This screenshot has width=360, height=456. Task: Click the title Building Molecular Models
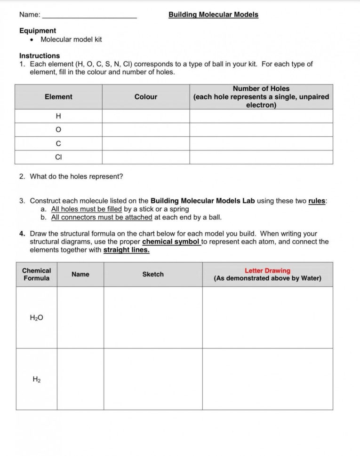click(213, 15)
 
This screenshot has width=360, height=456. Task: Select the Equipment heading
click(38, 31)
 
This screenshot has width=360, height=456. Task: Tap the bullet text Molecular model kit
click(71, 39)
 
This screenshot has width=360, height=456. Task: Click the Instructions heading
click(40, 55)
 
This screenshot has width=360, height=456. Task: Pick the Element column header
click(58, 97)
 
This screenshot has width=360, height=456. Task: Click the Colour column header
click(146, 97)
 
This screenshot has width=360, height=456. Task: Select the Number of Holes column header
click(261, 89)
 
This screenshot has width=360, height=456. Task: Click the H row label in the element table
click(58, 116)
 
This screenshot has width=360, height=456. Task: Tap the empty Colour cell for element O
click(146, 130)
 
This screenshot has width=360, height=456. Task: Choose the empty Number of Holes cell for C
click(261, 143)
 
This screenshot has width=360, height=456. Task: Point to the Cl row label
click(58, 157)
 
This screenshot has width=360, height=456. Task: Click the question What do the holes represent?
click(76, 177)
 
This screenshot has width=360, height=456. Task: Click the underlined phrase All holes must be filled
click(87, 209)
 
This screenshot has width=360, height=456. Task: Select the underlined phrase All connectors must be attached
click(102, 217)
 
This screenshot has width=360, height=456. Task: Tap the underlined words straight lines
click(126, 250)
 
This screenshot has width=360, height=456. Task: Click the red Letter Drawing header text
click(267, 271)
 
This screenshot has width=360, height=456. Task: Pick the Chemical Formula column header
click(37, 275)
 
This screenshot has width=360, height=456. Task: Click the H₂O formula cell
click(37, 318)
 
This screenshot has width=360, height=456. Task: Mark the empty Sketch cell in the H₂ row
click(153, 379)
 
